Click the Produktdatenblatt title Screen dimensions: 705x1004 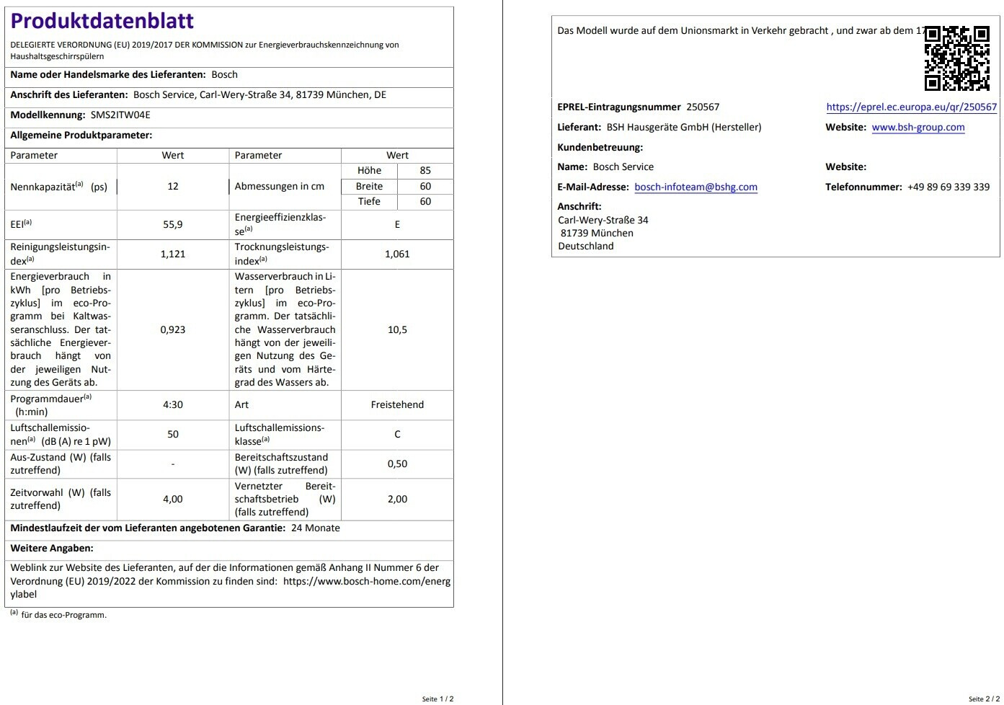[102, 21]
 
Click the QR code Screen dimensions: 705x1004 [956, 58]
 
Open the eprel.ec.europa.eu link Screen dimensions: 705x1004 [911, 107]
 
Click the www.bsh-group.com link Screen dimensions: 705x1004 [918, 127]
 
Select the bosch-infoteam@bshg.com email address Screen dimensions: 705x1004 [696, 187]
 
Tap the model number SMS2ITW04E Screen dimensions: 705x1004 [120, 115]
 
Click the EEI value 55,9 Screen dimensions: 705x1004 [173, 224]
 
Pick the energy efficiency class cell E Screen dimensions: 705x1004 [397, 224]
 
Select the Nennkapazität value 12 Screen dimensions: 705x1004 [173, 186]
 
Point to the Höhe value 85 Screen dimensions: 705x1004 [425, 170]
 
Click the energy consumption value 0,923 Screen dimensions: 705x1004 [173, 329]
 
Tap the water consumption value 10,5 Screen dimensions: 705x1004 [397, 329]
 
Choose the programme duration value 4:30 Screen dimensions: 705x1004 [173, 404]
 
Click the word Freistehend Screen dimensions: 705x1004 [397, 404]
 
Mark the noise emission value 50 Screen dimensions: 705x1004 [173, 434]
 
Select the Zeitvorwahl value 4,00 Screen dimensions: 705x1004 [173, 499]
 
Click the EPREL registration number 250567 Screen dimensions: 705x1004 [703, 107]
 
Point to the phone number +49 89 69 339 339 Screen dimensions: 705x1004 [949, 187]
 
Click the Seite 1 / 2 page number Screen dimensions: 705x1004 [437, 699]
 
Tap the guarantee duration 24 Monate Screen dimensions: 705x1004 [316, 528]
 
